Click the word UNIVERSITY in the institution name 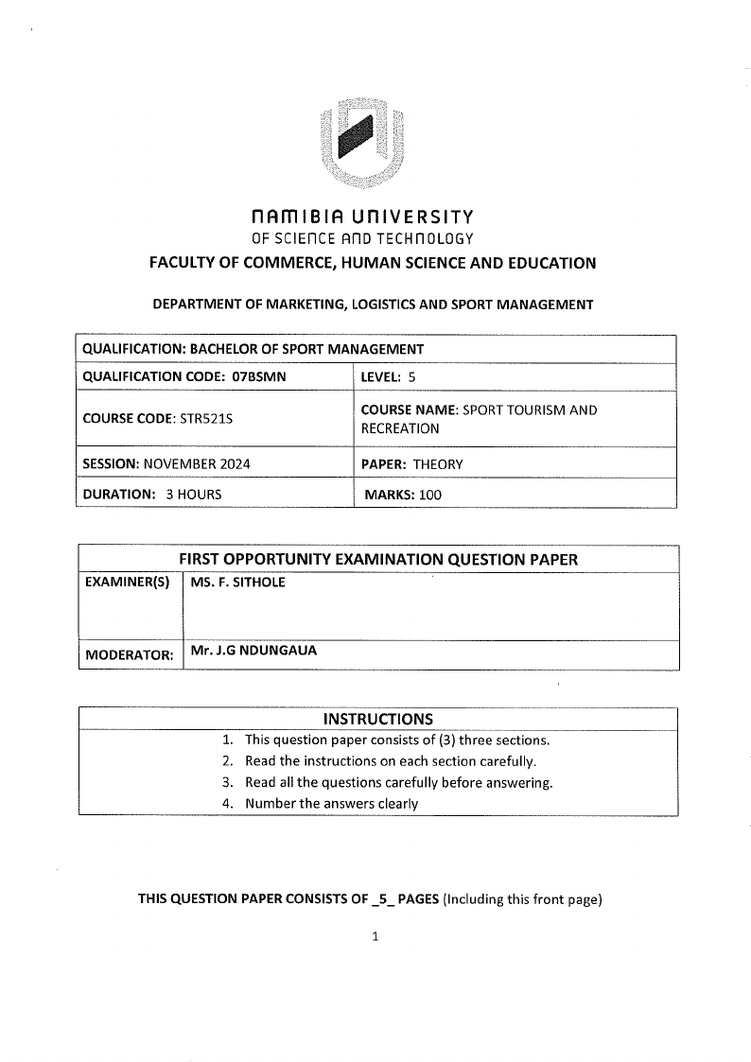click(418, 218)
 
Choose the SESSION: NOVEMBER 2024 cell click(166, 464)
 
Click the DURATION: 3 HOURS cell click(152, 494)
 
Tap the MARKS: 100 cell click(403, 494)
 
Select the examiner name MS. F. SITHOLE click(237, 583)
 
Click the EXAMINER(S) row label click(128, 583)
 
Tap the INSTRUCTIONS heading click(378, 719)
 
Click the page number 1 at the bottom click(375, 937)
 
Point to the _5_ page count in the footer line click(381, 899)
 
